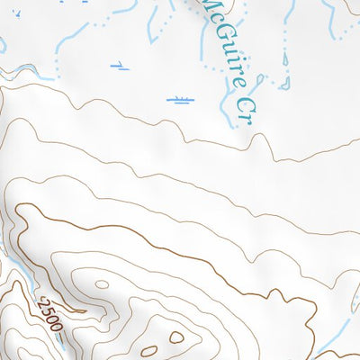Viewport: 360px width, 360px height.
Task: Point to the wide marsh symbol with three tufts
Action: (x=181, y=99)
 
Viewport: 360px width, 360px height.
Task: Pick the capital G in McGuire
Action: (x=222, y=34)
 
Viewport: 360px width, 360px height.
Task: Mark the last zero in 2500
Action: (x=56, y=326)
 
